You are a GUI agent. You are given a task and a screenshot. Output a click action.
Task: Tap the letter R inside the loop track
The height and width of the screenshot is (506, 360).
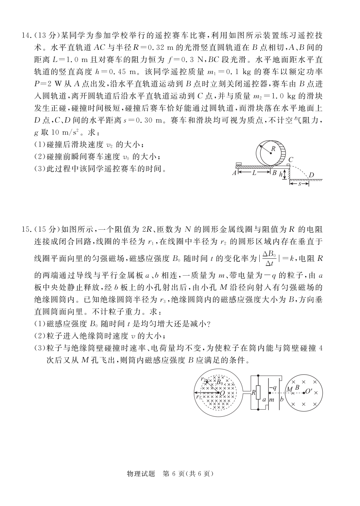pos(273,149)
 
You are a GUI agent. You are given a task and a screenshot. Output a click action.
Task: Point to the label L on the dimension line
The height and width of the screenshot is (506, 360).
pos(254,173)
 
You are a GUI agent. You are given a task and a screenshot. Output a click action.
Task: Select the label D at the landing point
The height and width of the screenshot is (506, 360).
pos(311,175)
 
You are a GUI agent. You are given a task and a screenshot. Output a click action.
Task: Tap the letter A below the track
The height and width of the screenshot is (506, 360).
pos(234,173)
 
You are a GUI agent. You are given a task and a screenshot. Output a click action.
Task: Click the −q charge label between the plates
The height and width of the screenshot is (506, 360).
pos(273,388)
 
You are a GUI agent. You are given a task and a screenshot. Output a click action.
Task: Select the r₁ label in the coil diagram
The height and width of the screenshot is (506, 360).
pos(199,397)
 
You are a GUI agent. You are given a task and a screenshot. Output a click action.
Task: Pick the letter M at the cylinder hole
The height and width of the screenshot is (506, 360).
pos(289,389)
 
